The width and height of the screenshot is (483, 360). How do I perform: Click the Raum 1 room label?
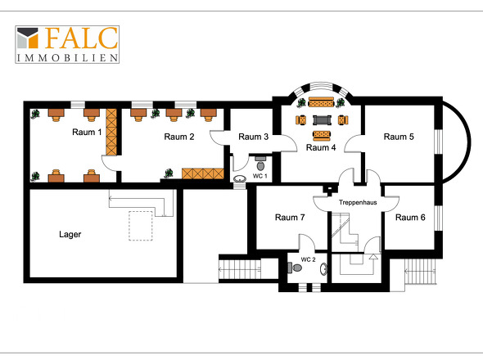[87, 132]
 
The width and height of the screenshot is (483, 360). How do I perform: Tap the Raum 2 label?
[179, 137]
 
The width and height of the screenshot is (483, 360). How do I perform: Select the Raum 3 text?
[253, 137]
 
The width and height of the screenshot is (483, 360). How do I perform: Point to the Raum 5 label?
[399, 137]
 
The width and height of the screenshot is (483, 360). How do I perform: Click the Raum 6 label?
[410, 218]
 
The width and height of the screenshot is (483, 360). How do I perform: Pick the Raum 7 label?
[290, 218]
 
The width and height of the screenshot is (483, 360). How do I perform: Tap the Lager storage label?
[70, 234]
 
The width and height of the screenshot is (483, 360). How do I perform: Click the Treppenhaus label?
[358, 202]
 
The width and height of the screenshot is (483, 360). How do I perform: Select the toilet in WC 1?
[260, 164]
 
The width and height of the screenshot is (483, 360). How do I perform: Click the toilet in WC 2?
[295, 268]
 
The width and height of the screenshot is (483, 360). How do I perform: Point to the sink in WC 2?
[323, 269]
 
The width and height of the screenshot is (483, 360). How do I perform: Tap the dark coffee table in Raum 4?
[322, 119]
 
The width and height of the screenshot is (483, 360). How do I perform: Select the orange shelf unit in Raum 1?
[111, 132]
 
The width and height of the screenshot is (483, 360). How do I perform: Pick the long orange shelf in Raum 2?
[203, 173]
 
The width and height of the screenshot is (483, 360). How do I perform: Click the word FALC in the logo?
[81, 38]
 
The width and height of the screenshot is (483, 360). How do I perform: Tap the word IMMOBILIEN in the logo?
[67, 57]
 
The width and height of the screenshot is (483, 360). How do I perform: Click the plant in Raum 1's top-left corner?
[35, 114]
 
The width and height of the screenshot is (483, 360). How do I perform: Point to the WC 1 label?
[260, 176]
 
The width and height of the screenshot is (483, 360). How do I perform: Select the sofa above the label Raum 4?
[321, 135]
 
